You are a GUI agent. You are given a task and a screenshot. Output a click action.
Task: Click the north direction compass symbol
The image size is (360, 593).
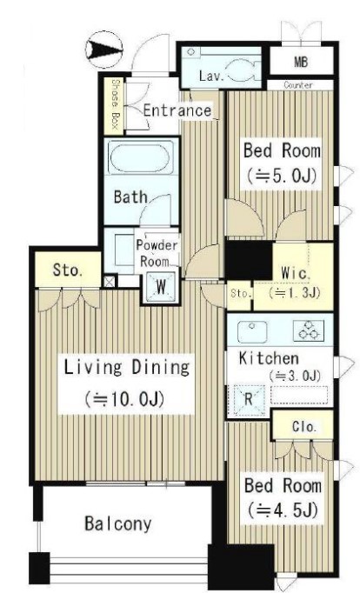click(104, 50)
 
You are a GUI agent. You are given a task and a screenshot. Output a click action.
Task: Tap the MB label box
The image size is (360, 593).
click(301, 61)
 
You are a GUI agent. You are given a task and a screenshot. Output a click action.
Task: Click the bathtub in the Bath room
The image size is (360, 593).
click(141, 158)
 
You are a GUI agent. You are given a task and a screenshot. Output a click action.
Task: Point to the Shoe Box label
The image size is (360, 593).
click(116, 105)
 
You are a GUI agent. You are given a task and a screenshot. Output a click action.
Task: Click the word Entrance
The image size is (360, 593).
click(177, 110)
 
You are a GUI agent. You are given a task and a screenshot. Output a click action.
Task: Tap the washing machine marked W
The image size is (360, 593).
click(161, 287)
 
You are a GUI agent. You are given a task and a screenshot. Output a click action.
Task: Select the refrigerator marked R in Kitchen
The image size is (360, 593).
click(249, 399)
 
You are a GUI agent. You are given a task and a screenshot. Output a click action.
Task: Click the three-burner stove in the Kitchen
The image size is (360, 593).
click(309, 330)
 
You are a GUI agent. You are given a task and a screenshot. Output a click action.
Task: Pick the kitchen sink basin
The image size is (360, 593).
click(252, 331)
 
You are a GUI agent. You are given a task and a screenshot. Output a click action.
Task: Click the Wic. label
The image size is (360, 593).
click(296, 273)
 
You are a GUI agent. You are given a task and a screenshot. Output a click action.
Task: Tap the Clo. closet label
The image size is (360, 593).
click(304, 427)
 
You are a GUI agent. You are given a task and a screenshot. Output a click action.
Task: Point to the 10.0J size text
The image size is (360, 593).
click(124, 399)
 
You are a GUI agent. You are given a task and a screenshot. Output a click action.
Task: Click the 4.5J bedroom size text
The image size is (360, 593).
click(283, 510)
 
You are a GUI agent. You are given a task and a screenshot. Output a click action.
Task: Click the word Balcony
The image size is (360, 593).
click(118, 523)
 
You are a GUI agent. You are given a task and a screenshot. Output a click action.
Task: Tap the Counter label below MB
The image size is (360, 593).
click(298, 85)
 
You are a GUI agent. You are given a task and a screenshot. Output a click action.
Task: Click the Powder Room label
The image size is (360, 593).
click(157, 253)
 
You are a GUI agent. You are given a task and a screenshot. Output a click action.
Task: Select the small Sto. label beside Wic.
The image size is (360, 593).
click(240, 294)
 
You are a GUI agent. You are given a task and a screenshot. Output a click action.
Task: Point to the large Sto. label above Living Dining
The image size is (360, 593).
click(67, 270)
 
